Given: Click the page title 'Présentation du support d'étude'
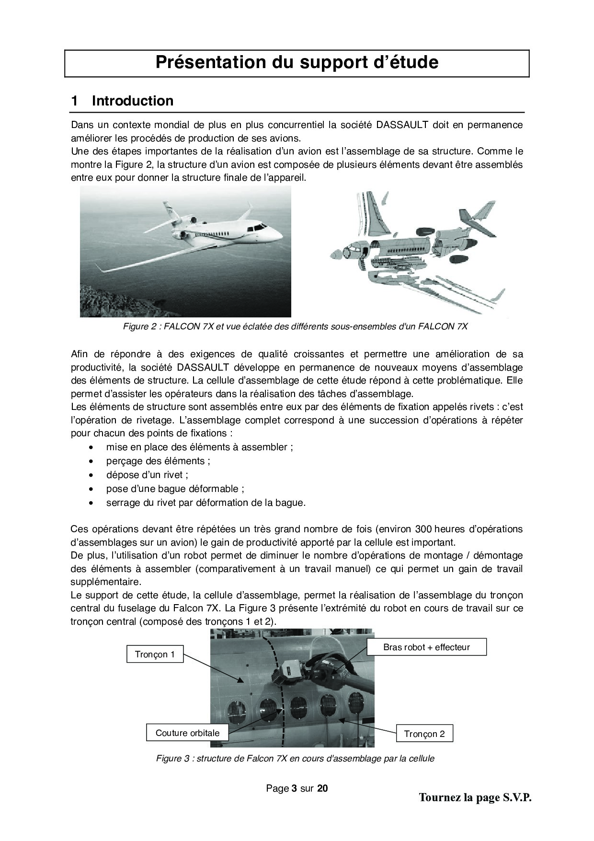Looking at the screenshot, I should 297,62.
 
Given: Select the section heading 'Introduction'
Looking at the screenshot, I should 132,101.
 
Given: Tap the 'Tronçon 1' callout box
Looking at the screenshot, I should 155,654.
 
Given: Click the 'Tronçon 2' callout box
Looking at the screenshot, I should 424,734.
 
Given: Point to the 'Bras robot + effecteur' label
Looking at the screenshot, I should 426,647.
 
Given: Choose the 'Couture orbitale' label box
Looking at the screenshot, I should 187,733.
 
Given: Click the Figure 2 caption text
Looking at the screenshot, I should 295,327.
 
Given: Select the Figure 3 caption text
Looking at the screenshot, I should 295,759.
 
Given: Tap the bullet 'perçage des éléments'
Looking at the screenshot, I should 158,461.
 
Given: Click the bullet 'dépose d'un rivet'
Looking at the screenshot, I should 147,475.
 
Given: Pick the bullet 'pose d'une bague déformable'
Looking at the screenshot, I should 175,489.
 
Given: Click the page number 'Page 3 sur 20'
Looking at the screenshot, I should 297,788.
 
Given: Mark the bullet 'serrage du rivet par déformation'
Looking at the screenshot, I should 206,502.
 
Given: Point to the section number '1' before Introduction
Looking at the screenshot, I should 75,101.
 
